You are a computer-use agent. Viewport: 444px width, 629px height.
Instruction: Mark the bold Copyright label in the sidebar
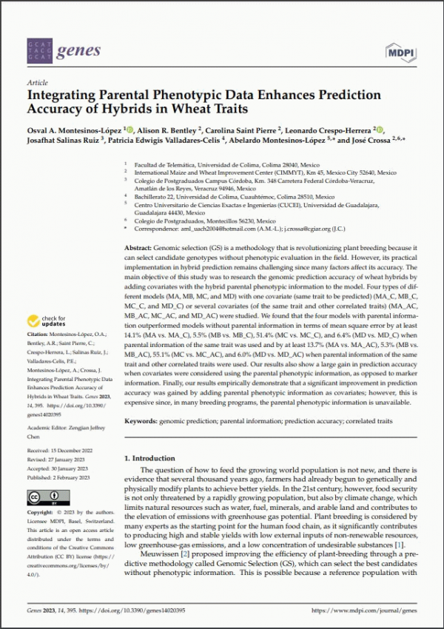(x=41, y=512)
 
